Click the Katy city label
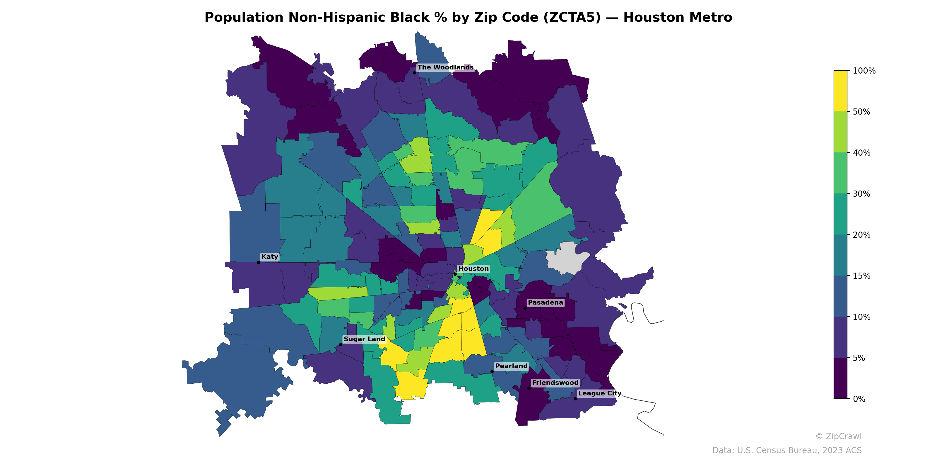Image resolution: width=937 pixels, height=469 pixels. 269,257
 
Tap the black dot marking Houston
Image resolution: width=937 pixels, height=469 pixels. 455,274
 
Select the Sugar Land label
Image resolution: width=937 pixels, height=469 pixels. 364,339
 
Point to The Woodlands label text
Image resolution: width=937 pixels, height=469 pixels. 445,67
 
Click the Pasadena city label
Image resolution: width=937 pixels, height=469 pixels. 545,303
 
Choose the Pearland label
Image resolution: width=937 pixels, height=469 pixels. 511,366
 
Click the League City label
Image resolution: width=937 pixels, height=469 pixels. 599,393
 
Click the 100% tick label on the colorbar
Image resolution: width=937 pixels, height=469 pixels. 864,71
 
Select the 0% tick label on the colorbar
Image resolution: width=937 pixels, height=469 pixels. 859,399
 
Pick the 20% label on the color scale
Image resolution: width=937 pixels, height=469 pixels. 861,235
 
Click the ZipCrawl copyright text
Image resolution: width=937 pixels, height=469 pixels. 838,436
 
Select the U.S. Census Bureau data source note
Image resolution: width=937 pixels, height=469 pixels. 787,451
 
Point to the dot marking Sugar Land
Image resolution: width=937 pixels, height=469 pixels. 341,344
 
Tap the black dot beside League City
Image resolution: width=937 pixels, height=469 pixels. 575,399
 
